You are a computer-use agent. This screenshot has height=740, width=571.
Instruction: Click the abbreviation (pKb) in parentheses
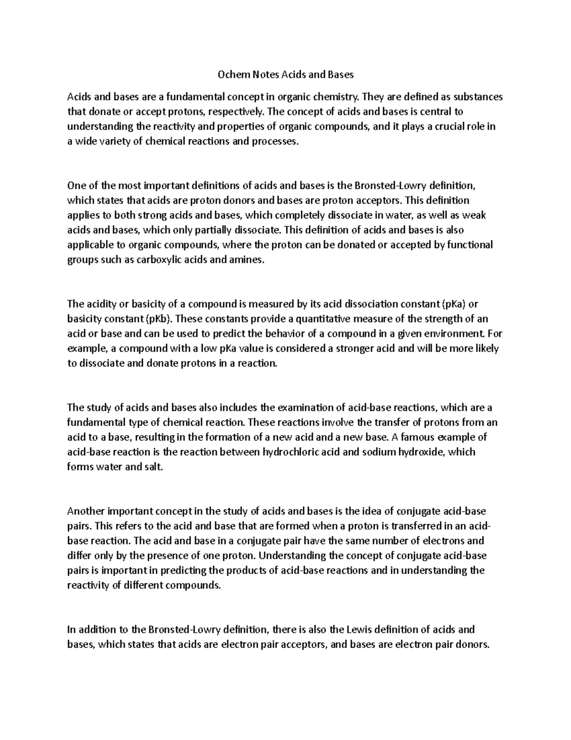(160, 319)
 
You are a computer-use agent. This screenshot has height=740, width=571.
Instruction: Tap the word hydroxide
(422, 452)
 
